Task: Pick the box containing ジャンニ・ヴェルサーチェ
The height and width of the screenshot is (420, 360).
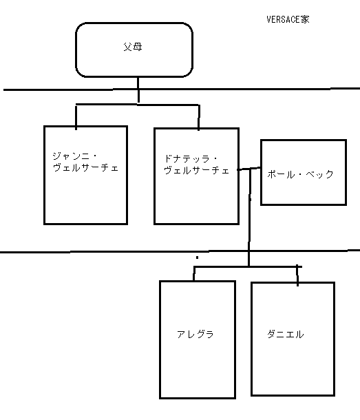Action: click(85, 200)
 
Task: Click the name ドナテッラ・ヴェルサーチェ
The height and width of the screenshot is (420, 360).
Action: click(196, 164)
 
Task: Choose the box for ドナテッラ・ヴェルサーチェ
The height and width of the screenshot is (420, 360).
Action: click(196, 203)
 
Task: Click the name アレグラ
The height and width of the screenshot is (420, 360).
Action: click(195, 335)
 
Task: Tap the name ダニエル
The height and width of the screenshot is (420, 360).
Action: click(285, 335)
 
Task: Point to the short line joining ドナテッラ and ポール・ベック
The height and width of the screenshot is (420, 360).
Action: click(249, 169)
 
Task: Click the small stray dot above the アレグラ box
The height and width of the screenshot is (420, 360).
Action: click(197, 258)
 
